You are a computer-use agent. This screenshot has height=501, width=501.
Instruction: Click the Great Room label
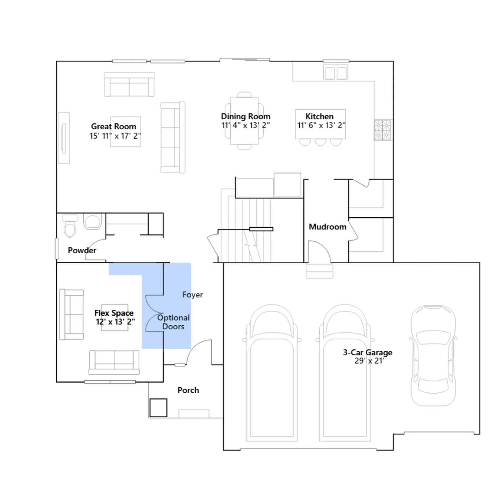click(114, 127)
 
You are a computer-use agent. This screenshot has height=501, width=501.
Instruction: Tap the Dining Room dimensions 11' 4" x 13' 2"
click(245, 125)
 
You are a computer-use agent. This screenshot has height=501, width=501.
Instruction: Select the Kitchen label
click(319, 116)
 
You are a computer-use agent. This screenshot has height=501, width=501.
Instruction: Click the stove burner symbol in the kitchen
click(383, 130)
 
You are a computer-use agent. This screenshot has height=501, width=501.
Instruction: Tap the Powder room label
click(82, 250)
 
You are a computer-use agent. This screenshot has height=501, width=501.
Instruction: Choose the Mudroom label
click(328, 227)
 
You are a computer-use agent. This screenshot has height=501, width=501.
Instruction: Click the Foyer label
click(193, 295)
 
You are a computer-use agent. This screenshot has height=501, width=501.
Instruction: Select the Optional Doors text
click(173, 322)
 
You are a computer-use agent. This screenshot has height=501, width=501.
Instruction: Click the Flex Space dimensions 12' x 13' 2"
click(115, 322)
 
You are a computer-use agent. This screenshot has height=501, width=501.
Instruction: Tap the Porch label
click(188, 390)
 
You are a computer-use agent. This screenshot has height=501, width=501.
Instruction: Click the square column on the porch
click(158, 408)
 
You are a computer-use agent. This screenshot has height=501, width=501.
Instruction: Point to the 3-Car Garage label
click(368, 352)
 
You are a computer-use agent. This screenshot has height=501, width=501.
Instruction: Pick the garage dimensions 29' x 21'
click(369, 361)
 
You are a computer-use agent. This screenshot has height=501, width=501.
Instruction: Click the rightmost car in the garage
click(433, 355)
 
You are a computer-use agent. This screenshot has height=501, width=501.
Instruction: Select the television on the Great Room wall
click(64, 138)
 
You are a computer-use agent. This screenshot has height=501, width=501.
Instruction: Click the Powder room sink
click(93, 221)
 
